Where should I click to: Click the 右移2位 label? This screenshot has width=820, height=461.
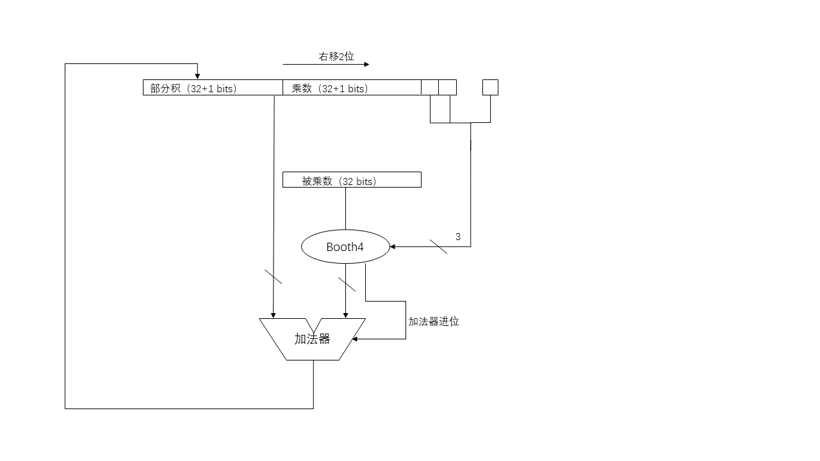click(x=336, y=56)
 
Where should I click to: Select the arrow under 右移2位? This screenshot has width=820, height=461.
click(x=326, y=65)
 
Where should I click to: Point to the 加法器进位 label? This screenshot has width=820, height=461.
click(x=434, y=321)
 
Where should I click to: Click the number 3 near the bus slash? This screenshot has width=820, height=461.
click(x=458, y=237)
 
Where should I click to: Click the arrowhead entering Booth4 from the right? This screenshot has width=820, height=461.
click(x=393, y=247)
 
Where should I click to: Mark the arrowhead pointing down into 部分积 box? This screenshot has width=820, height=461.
click(x=197, y=76)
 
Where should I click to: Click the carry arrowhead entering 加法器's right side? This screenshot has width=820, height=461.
click(x=355, y=339)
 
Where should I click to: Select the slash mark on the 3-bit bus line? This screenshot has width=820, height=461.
click(x=438, y=247)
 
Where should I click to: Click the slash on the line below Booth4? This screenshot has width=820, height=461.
click(x=347, y=284)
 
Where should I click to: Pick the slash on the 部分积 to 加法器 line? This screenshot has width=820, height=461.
click(x=273, y=277)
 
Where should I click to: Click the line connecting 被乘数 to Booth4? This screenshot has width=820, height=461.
click(x=345, y=209)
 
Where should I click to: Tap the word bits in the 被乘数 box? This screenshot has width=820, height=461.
click(x=365, y=181)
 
